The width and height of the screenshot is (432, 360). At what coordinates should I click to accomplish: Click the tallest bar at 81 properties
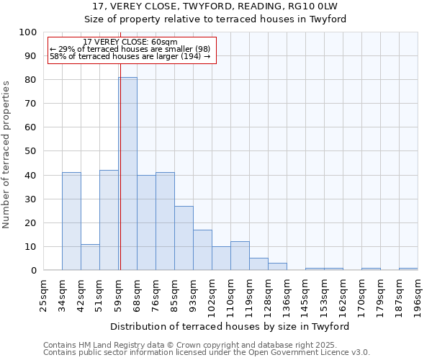(127, 174)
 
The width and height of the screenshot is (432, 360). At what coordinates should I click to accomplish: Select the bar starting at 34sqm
(71, 221)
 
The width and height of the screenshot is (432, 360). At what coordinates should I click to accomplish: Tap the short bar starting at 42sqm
(90, 257)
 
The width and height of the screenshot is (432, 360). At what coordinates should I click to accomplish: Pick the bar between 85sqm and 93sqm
(184, 238)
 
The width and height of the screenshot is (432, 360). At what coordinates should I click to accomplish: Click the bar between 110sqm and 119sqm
(240, 256)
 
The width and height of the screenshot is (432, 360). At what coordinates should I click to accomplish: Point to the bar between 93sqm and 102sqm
(202, 250)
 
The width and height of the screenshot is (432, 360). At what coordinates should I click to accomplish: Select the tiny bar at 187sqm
(408, 269)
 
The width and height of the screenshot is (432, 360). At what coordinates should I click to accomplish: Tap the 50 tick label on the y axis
(30, 151)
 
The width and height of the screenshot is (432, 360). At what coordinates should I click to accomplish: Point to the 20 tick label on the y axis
(30, 222)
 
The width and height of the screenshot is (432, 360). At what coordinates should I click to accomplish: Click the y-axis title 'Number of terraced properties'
(7, 154)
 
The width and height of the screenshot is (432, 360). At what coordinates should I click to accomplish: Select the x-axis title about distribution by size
(230, 326)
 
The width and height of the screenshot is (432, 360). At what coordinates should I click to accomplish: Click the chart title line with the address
(215, 6)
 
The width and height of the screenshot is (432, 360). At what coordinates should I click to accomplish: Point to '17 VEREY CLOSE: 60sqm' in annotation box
(130, 42)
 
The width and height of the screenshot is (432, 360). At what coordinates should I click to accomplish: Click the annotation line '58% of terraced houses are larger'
(130, 56)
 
